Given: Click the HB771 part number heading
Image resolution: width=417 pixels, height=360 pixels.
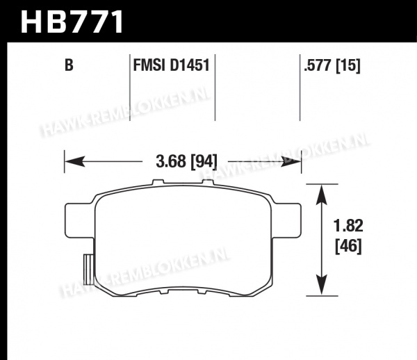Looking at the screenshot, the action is (72, 22).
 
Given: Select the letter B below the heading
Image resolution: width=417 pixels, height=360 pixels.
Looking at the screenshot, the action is (69, 65).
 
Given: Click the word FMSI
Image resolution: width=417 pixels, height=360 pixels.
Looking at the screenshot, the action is (149, 65).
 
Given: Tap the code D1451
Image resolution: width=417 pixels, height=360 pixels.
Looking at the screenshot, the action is (190, 65).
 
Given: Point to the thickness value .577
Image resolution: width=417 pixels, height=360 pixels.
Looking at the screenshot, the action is (318, 65).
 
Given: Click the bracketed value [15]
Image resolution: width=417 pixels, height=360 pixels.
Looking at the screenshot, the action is (348, 65).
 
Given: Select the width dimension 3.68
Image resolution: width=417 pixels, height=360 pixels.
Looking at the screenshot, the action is (171, 161).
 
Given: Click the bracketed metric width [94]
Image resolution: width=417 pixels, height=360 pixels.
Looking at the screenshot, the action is (204, 161).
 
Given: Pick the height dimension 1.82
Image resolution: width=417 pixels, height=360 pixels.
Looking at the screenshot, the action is (348, 226).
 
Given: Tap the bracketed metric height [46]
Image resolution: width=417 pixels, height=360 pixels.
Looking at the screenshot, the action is (348, 246).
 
